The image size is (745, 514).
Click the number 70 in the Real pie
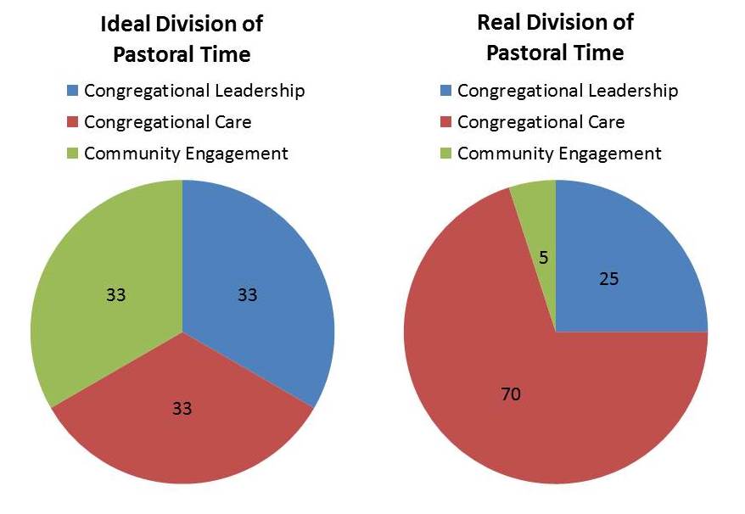point(510,394)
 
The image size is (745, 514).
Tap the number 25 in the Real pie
point(608,277)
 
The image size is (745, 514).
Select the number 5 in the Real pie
point(542,256)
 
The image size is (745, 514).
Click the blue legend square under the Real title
point(446,90)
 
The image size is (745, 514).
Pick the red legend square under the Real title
point(446,121)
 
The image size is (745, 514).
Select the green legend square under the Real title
point(446,154)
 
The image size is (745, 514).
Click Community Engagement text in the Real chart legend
point(559,154)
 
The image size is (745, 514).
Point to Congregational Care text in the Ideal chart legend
point(167,121)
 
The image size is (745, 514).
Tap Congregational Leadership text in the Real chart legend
point(568,90)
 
